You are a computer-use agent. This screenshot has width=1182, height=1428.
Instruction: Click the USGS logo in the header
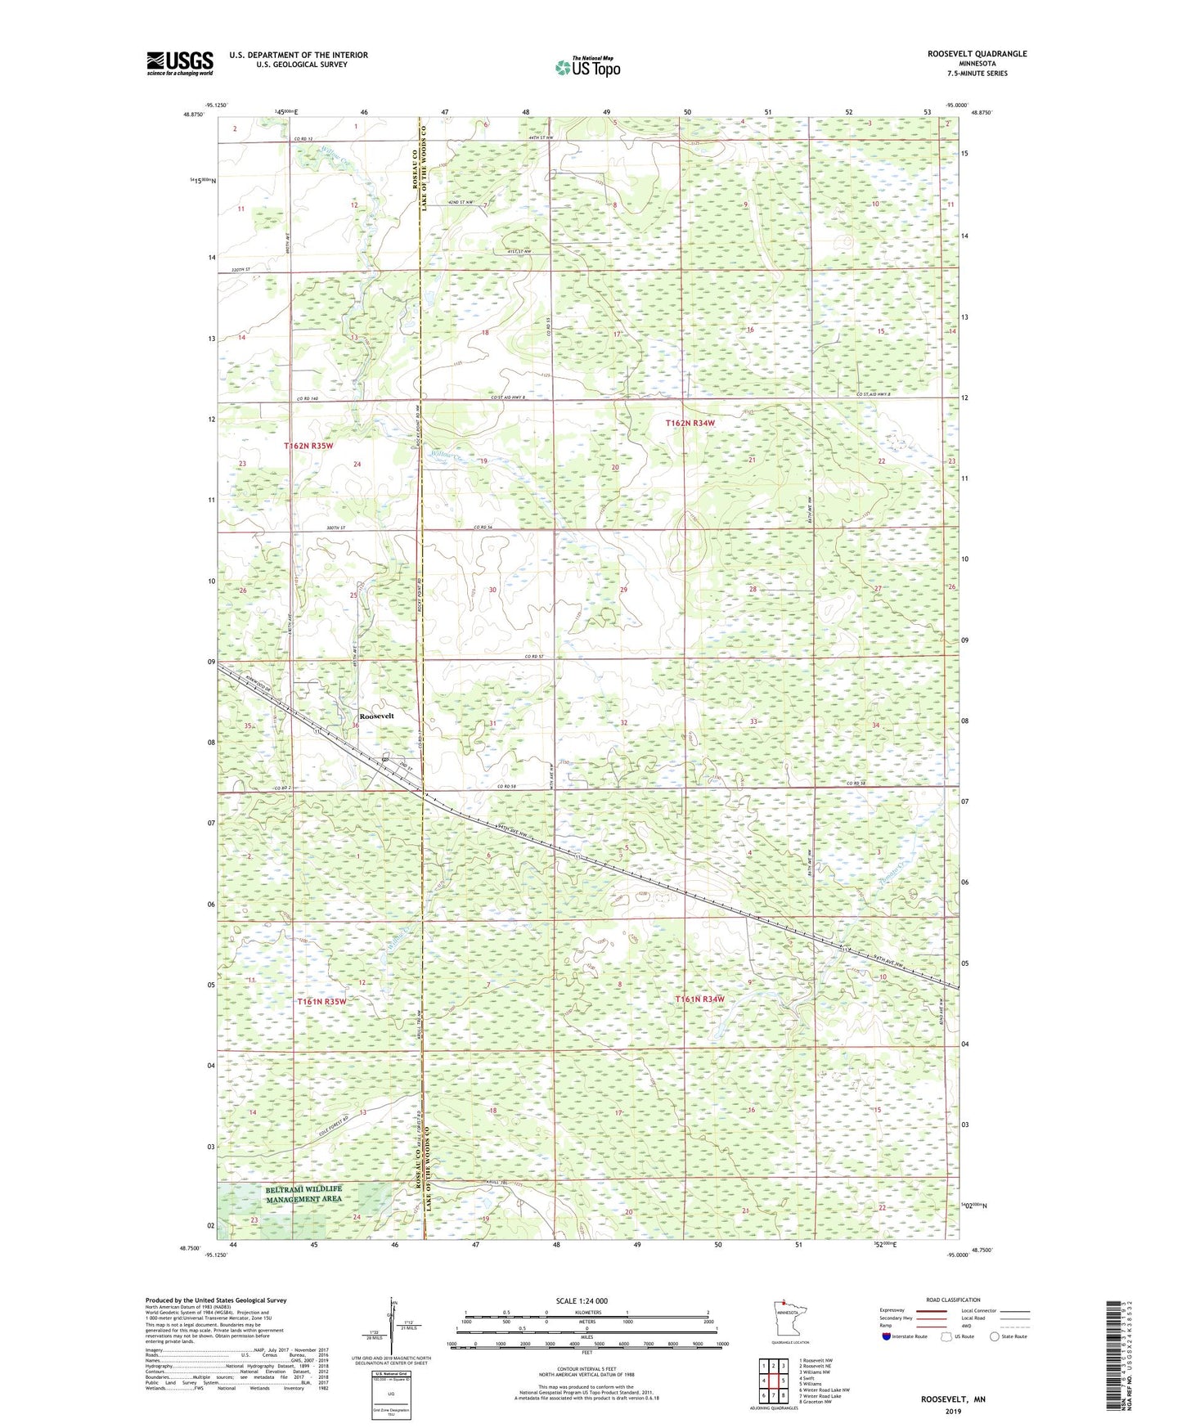(180, 63)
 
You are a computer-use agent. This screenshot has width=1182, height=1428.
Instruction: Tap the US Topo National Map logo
(587, 66)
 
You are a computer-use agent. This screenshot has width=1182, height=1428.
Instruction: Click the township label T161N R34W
(699, 999)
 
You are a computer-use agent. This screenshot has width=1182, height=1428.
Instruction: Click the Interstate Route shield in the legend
(887, 1336)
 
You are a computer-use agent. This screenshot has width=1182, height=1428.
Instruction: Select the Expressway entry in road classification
(892, 1310)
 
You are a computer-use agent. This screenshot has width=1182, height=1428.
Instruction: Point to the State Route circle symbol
(995, 1336)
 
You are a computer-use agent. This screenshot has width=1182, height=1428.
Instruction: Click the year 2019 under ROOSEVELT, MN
(953, 1411)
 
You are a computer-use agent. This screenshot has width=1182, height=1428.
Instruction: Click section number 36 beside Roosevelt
(356, 725)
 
